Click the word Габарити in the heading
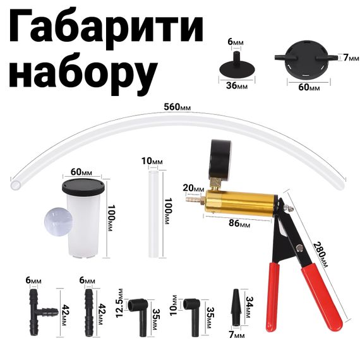[x=106, y=28]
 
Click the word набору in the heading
[x=83, y=73]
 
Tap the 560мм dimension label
[x=177, y=107]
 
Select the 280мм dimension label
[x=320, y=255]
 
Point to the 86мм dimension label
[x=239, y=223]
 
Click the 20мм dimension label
[x=193, y=188]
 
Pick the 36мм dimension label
[x=237, y=86]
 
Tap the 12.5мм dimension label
[x=119, y=303]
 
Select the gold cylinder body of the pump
[x=240, y=203]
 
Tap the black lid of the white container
[x=83, y=187]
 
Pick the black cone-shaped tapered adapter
[x=236, y=307]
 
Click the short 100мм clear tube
[x=153, y=213]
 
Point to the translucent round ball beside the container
[x=58, y=222]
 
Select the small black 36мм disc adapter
[x=237, y=66]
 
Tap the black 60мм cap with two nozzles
[x=307, y=59]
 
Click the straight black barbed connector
[x=89, y=313]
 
